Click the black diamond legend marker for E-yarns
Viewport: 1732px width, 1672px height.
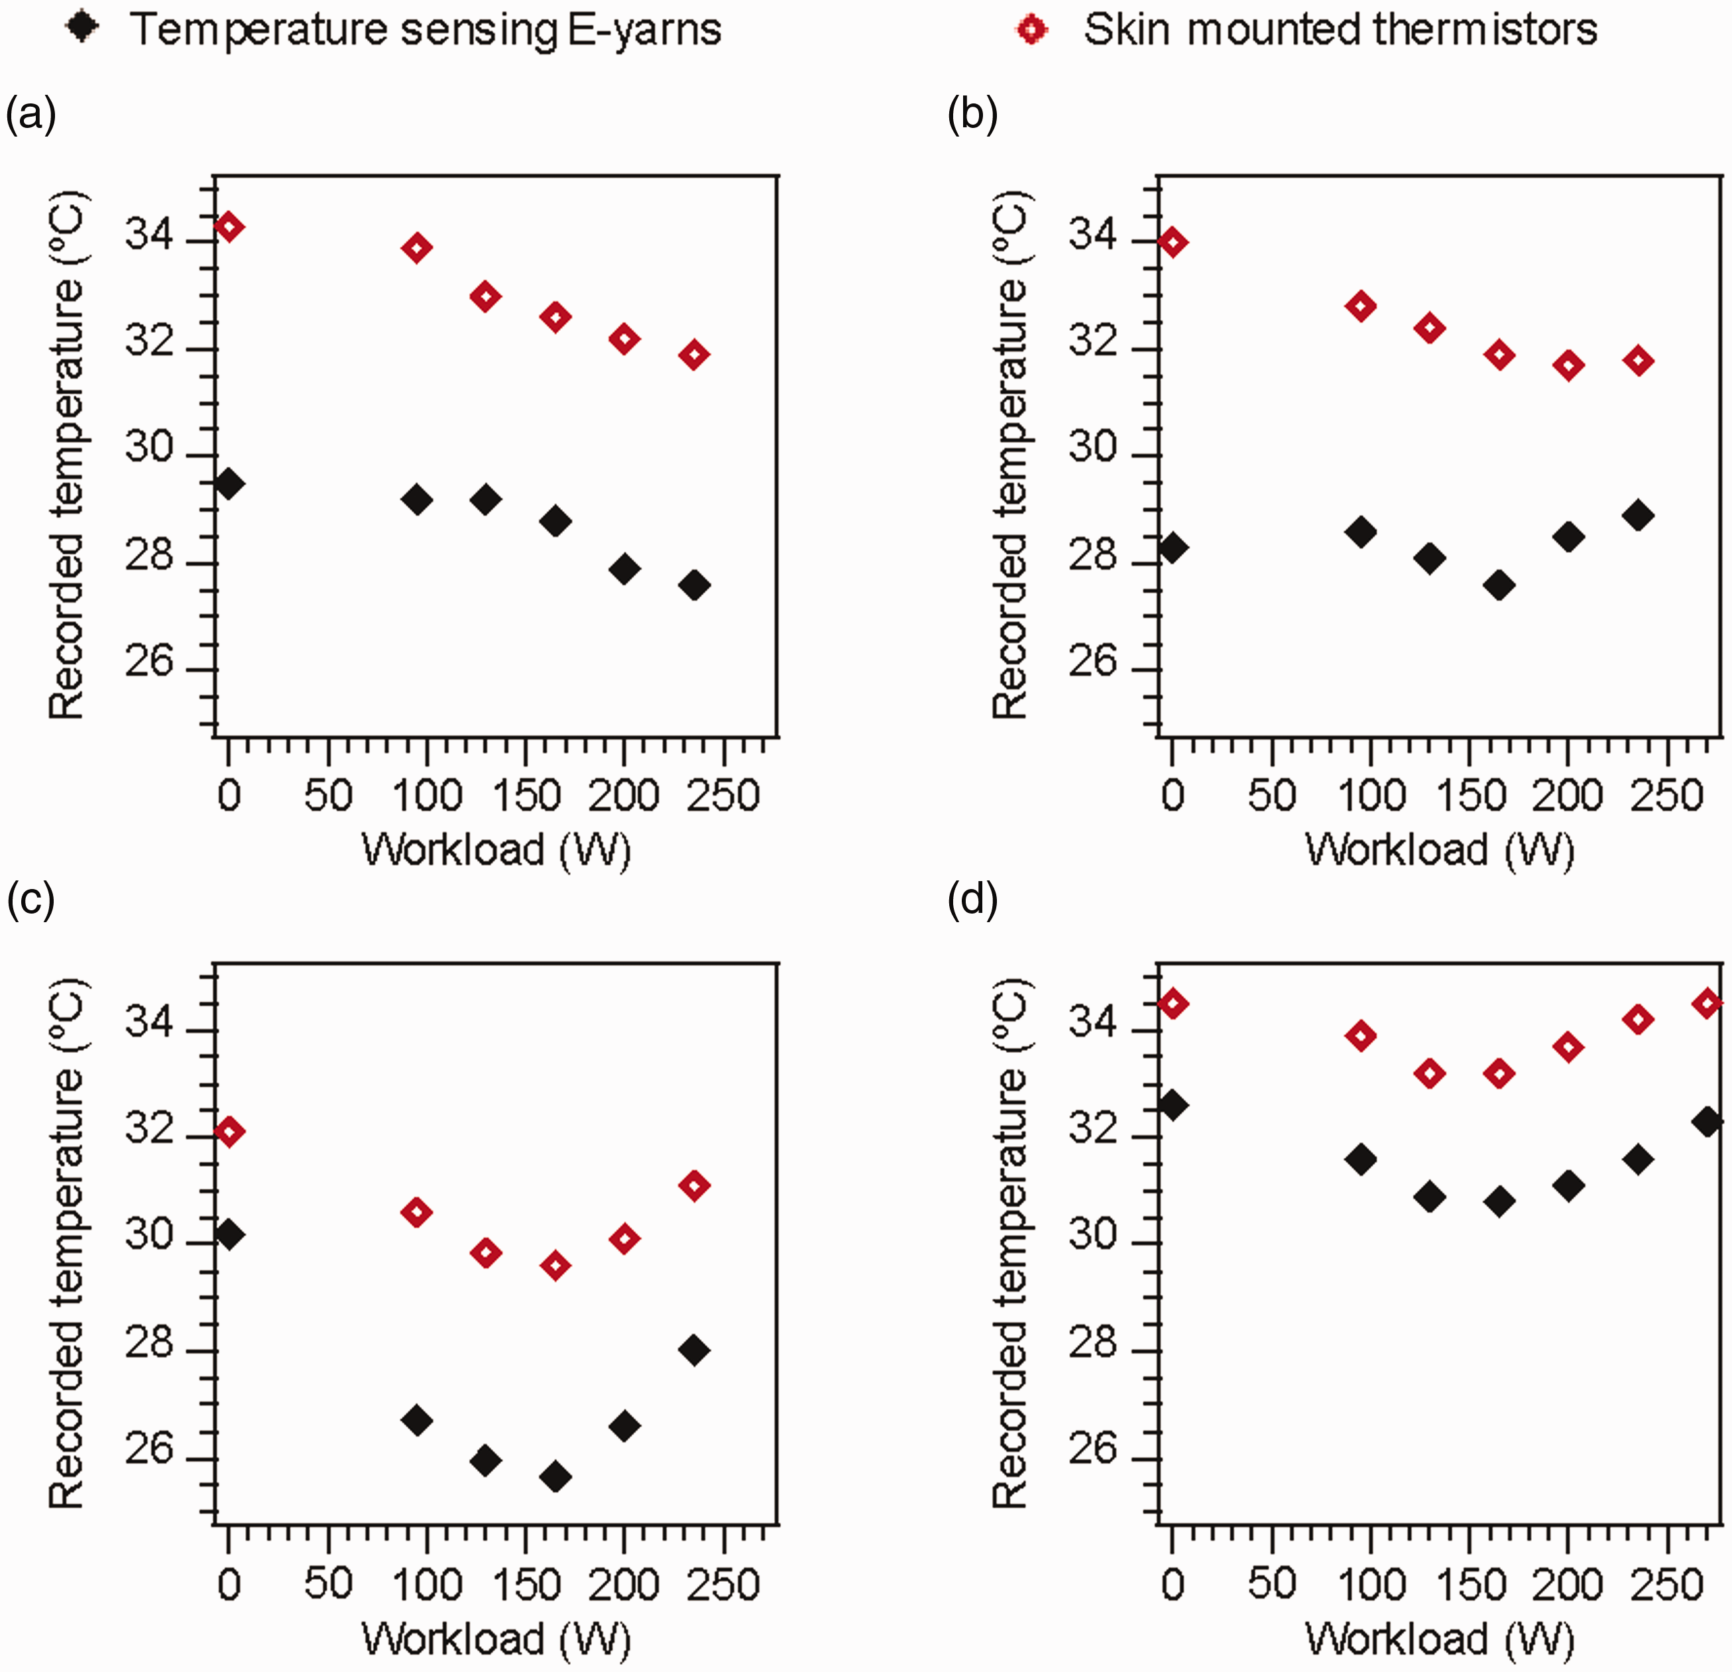coord(83,29)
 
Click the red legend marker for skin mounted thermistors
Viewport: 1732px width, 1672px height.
coord(1032,30)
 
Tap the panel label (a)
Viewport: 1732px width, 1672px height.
coord(32,114)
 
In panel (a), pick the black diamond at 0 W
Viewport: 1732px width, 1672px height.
coord(229,483)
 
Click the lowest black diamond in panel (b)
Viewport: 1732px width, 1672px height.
coord(1499,585)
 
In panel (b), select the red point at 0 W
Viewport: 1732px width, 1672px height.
coord(1173,242)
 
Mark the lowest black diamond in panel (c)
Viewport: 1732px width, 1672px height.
coord(555,1476)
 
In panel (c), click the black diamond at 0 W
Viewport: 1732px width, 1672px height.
coord(229,1234)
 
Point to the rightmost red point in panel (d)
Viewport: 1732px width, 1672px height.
coord(1708,1003)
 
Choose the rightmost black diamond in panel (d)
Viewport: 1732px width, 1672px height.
coord(1708,1123)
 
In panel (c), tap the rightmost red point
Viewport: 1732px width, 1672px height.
coord(695,1185)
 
